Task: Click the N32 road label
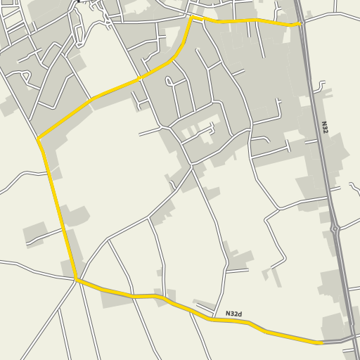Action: tap(325, 127)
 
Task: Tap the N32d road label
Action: tap(235, 314)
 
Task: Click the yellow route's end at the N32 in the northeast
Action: tap(301, 24)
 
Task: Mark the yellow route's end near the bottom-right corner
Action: tap(321, 342)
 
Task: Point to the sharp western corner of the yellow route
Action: tap(39, 139)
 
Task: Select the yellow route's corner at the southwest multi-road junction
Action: tap(75, 280)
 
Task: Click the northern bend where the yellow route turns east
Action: tap(191, 18)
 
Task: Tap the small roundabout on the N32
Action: tap(335, 229)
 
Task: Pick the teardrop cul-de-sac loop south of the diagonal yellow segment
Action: tap(169, 82)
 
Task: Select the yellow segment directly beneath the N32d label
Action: tap(232, 321)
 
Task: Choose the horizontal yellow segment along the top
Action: tap(246, 22)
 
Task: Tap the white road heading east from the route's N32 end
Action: tap(330, 15)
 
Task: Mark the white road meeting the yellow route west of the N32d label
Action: tap(204, 307)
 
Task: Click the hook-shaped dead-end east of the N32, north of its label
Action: tap(324, 86)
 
